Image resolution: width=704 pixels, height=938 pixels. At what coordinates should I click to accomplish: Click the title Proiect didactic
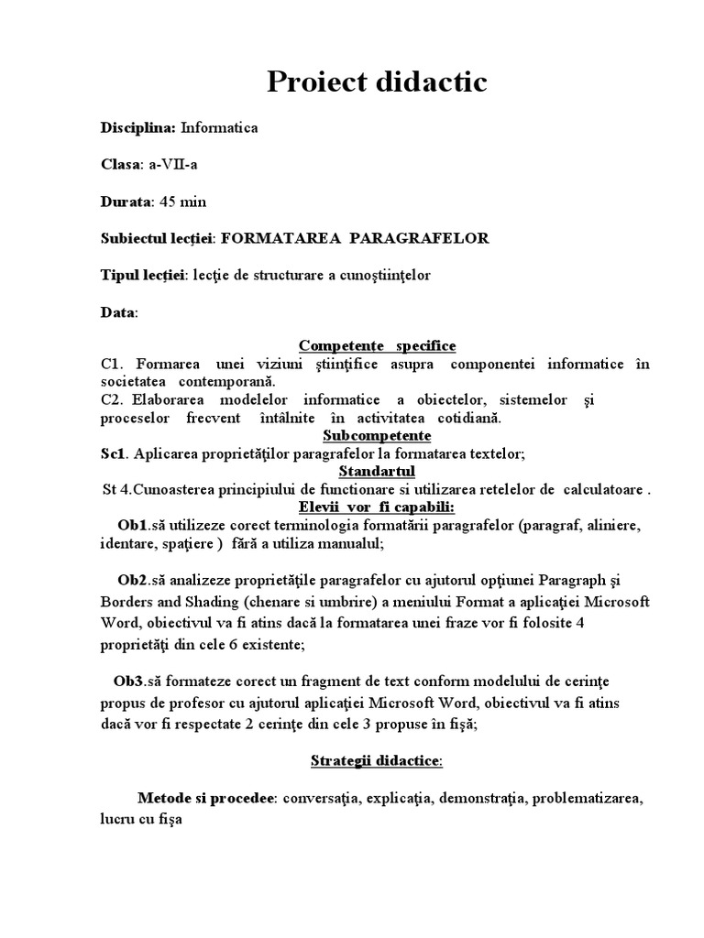377,82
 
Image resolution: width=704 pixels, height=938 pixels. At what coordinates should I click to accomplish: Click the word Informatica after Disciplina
219,128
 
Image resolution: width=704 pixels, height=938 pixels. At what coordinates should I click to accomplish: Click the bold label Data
117,312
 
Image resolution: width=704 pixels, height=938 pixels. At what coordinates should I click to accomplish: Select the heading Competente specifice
377,345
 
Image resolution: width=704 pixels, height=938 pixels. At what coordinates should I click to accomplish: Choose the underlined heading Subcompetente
377,435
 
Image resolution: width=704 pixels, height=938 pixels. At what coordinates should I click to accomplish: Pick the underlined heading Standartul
377,471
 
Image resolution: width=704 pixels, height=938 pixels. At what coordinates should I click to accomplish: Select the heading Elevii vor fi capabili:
377,507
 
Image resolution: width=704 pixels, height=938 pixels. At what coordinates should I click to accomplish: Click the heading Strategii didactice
376,761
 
